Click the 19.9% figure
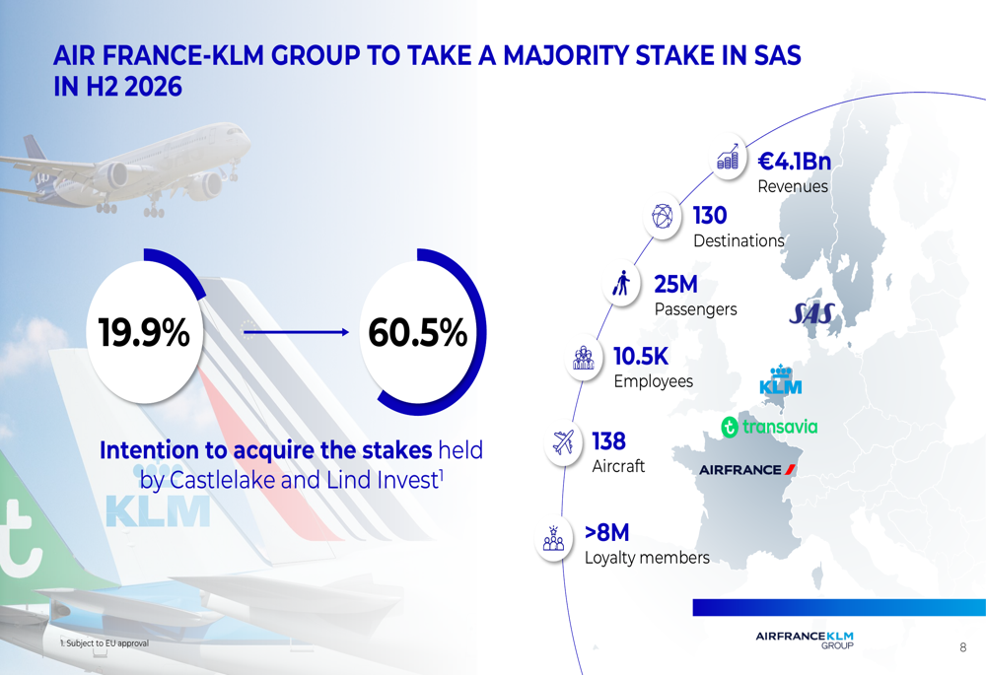[144, 334]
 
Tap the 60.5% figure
[417, 334]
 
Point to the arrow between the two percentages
[296, 333]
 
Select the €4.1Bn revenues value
[795, 162]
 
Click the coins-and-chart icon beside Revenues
[729, 158]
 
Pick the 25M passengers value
[675, 285]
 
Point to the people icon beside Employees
[583, 359]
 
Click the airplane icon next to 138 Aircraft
[563, 442]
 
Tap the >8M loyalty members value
[606, 533]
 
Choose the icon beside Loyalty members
[553, 537]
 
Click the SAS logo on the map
[812, 313]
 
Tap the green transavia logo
[769, 427]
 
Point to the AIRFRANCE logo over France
[746, 469]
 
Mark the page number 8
[962, 647]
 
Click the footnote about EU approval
[104, 643]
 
